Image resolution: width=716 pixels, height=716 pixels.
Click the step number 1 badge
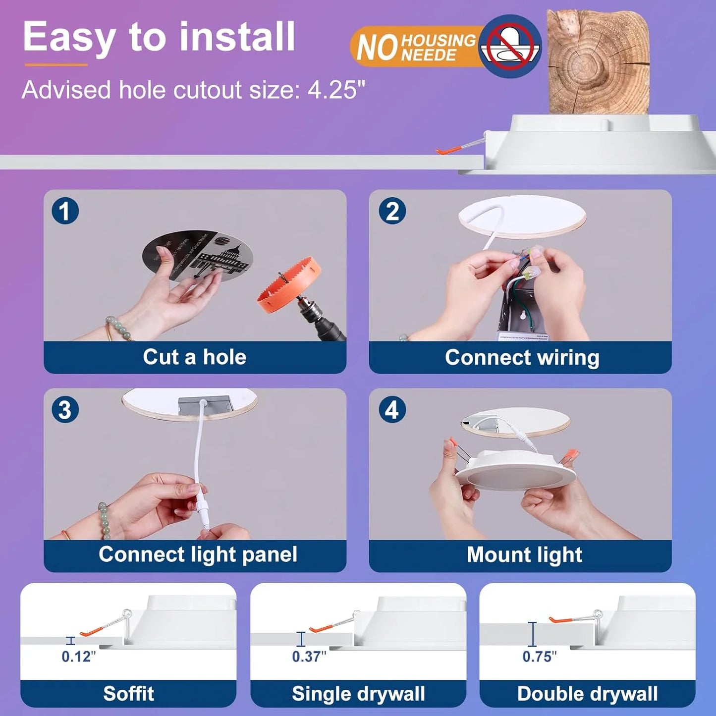point(65,211)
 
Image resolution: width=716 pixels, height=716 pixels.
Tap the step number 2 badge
point(392,211)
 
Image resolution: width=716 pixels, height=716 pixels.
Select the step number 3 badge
point(65,410)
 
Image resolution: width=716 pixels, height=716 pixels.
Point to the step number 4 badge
point(392,410)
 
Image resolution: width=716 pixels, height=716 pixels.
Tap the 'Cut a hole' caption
point(195,357)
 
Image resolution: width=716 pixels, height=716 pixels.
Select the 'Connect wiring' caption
point(522,357)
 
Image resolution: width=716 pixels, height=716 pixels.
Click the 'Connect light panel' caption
point(198,554)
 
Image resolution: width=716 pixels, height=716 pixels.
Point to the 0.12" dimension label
point(78,657)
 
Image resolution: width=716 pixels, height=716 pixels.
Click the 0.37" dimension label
point(309,657)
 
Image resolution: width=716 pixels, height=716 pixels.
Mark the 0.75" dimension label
point(539,657)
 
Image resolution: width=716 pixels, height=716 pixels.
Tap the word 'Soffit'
point(128,694)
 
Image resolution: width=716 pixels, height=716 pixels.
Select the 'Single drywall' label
point(358,694)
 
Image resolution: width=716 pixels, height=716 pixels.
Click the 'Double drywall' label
point(587,694)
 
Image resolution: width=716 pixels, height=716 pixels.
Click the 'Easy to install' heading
point(159,37)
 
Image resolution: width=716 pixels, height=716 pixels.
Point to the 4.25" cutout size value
point(336,90)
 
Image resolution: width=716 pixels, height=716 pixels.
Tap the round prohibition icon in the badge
point(510,46)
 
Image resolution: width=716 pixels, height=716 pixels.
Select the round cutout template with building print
point(198,256)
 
